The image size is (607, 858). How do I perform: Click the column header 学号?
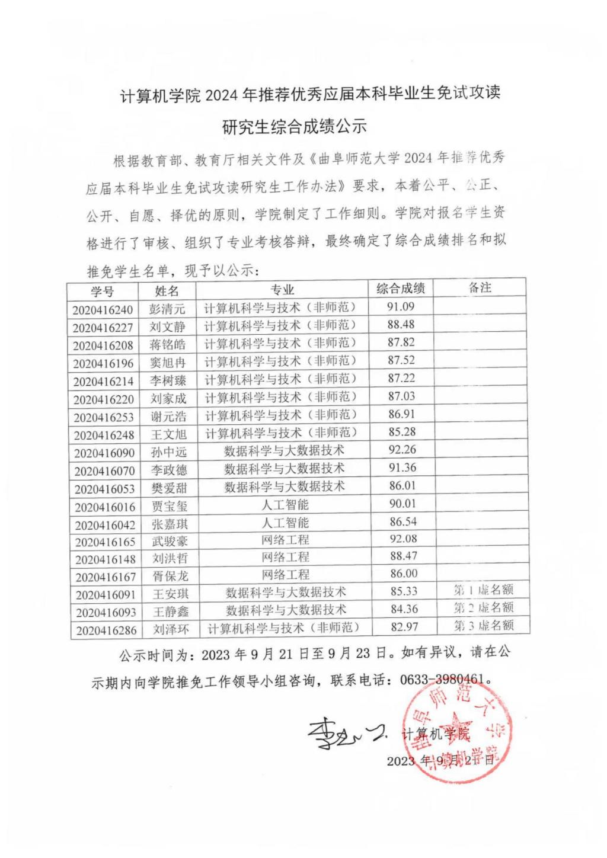[x=102, y=292]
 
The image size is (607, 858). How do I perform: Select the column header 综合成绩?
[x=401, y=289]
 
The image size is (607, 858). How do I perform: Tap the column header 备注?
[x=480, y=287]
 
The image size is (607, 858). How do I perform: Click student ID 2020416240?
[x=103, y=310]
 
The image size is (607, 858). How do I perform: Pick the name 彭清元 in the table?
[x=167, y=309]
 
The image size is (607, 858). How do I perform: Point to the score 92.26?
[x=402, y=450]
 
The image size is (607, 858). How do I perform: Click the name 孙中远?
[x=169, y=452]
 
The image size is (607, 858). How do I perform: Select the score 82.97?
[x=404, y=627]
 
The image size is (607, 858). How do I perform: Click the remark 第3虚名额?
[x=484, y=625]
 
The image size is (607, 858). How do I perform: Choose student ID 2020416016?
[x=105, y=507]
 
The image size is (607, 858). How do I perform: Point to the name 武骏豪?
[x=170, y=541]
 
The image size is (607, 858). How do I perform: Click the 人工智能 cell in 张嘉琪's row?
[x=285, y=523]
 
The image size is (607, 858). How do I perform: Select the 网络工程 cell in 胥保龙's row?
[x=286, y=574]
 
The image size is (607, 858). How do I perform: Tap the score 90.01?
[x=402, y=504]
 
